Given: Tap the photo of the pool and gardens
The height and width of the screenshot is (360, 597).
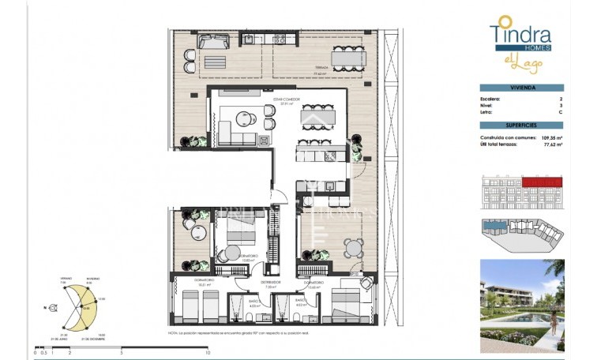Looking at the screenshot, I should click(x=521, y=306).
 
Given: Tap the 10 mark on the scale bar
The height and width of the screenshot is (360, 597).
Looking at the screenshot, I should click(x=207, y=353).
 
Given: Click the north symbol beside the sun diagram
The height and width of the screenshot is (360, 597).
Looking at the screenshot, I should click(x=53, y=306).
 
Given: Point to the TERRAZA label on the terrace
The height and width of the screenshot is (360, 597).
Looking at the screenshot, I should click(x=320, y=69).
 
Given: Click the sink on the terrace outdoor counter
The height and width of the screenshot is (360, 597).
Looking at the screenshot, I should click(x=247, y=39).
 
